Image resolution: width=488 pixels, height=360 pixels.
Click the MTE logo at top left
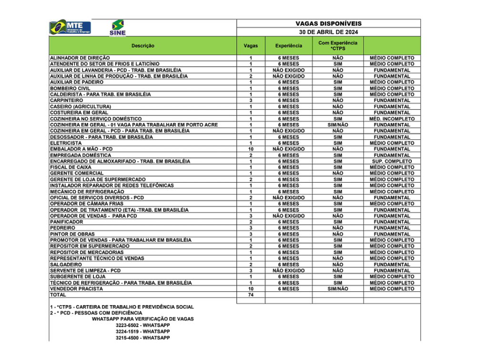71,27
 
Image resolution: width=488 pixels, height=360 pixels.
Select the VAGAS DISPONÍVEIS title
328,23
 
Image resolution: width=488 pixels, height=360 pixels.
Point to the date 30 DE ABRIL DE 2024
328,32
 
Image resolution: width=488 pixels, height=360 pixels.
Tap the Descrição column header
143,46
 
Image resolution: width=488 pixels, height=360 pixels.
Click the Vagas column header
251,46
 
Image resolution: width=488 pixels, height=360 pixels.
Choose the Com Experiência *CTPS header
338,46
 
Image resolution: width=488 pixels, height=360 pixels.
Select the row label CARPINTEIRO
67,101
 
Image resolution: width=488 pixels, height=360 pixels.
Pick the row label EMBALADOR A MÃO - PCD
81,149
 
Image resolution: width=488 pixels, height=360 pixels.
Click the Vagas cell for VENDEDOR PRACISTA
251,289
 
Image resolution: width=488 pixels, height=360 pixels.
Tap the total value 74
251,295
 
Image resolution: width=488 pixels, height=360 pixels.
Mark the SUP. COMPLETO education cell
392,161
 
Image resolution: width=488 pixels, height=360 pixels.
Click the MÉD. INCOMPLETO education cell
392,119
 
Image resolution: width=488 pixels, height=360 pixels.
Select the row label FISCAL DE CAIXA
71,167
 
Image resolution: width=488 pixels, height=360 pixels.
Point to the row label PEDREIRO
62,228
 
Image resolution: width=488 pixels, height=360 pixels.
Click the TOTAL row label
58,295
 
